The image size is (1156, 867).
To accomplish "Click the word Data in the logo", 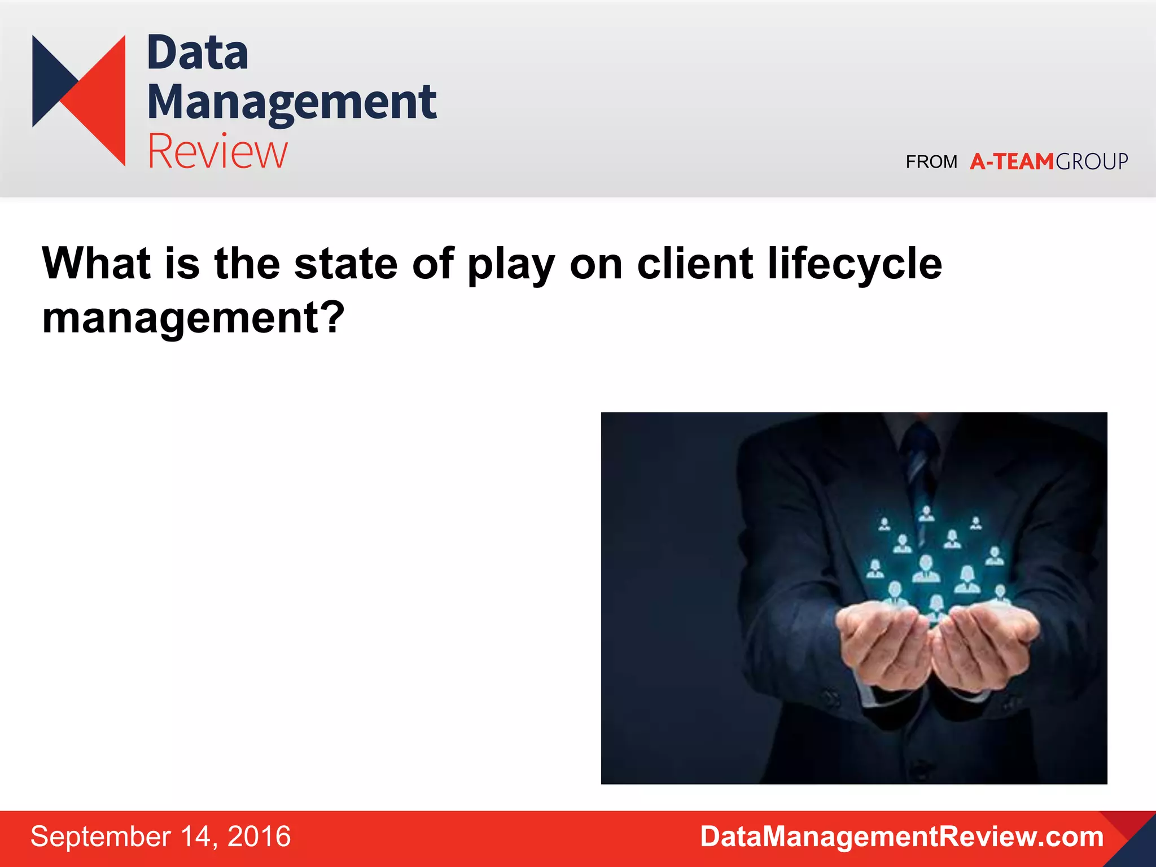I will pos(198,53).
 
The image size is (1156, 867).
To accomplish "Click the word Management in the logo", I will pos(291,103).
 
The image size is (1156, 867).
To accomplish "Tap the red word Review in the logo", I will pos(217,151).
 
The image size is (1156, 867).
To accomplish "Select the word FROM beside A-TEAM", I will pos(931,162).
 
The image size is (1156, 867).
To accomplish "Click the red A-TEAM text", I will pos(1011,162).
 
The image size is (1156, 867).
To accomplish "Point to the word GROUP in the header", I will pos(1092,162).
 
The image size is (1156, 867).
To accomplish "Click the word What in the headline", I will pos(97,264).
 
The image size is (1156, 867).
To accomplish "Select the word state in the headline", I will pos(345,264).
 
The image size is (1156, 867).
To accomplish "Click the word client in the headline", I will pos(695,264).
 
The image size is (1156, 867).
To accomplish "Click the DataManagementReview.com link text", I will pos(901,837).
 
